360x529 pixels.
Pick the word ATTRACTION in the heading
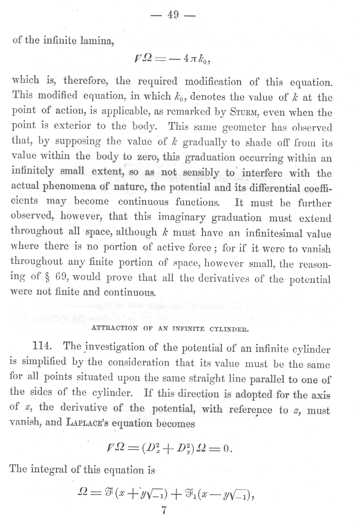coord(115,328)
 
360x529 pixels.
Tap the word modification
coord(213,82)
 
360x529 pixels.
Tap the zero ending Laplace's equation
coord(227,449)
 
